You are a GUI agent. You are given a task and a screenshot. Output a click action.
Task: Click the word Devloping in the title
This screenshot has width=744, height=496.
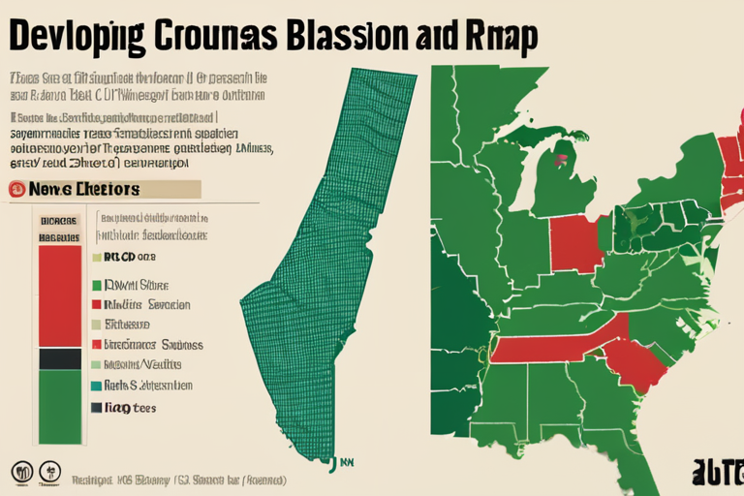click(x=72, y=37)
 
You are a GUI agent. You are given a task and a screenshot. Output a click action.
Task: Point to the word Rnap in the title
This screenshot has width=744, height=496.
click(x=496, y=35)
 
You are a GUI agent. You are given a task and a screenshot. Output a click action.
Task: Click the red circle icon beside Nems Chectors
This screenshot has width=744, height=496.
click(x=16, y=189)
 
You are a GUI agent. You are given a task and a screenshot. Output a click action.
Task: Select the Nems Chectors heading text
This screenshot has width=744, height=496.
click(x=85, y=189)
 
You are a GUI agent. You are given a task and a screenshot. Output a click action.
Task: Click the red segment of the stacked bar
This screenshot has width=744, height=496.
click(x=60, y=295)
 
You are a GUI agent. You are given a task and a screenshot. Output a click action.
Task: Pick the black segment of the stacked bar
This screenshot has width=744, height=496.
click(x=60, y=358)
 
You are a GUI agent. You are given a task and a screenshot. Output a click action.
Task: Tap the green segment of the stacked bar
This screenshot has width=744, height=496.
click(x=60, y=407)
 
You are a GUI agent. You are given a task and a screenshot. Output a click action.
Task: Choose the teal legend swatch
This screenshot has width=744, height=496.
click(x=96, y=386)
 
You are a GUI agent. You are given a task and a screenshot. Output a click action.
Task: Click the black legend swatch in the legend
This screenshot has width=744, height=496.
click(x=96, y=408)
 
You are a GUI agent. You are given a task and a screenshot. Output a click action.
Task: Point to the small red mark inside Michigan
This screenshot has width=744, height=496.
click(x=560, y=153)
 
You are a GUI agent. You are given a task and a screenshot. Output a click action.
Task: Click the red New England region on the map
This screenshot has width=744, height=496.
click(x=728, y=155)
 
